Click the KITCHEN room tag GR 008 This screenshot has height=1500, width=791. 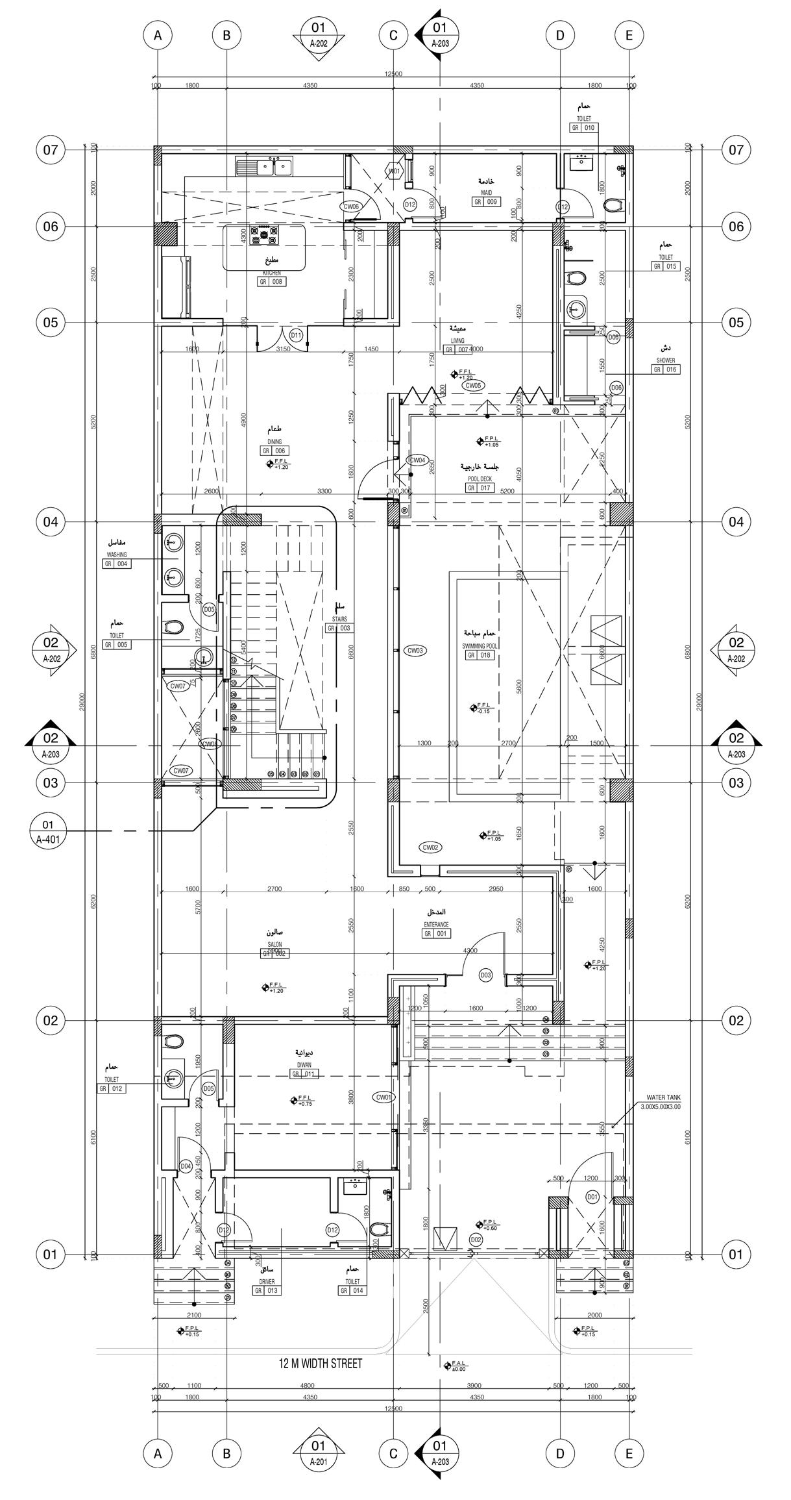(272, 282)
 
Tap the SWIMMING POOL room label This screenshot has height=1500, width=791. (478, 646)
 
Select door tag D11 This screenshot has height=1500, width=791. (296, 336)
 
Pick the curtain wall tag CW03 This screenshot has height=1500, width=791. (414, 650)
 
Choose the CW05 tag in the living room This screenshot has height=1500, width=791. (473, 385)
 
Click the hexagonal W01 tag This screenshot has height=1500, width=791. (394, 171)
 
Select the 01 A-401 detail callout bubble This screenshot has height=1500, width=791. (47, 831)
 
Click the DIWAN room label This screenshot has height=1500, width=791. (304, 1065)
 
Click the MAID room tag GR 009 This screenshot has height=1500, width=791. (486, 202)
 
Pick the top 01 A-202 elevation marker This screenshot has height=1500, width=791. (318, 36)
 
